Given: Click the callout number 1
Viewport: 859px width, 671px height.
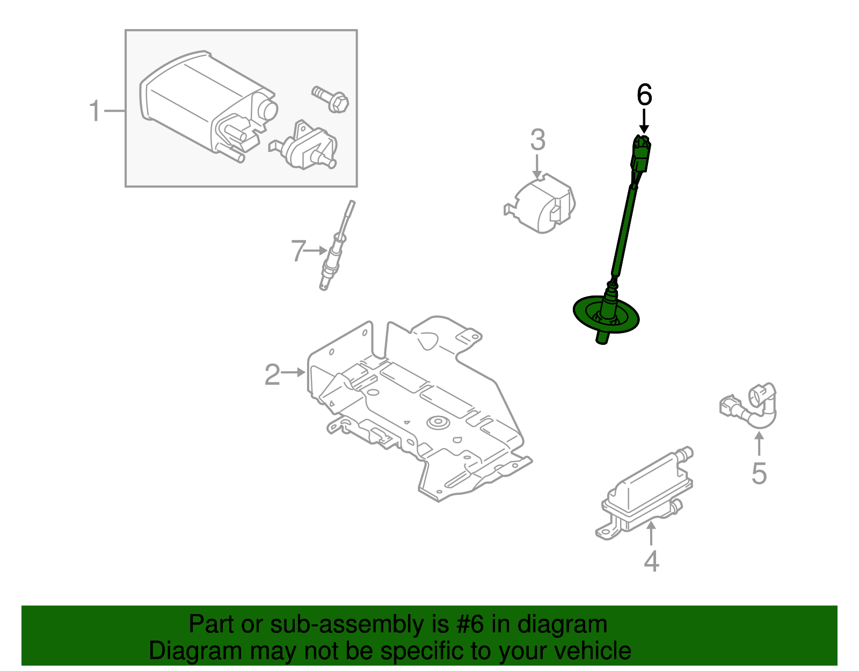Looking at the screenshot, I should (94, 111).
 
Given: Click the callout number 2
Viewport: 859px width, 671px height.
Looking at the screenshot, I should (272, 374).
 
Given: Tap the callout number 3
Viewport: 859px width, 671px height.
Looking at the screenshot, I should (537, 140).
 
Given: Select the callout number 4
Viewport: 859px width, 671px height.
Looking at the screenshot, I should (651, 561).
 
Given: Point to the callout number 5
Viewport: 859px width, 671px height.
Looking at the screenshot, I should (759, 473).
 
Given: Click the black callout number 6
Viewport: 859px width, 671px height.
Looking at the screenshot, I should (644, 95).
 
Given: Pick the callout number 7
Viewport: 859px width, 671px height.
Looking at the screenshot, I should (299, 251).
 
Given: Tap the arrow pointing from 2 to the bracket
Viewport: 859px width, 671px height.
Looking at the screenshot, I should (294, 372).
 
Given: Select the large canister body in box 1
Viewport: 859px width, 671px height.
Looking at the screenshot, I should (193, 97).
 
